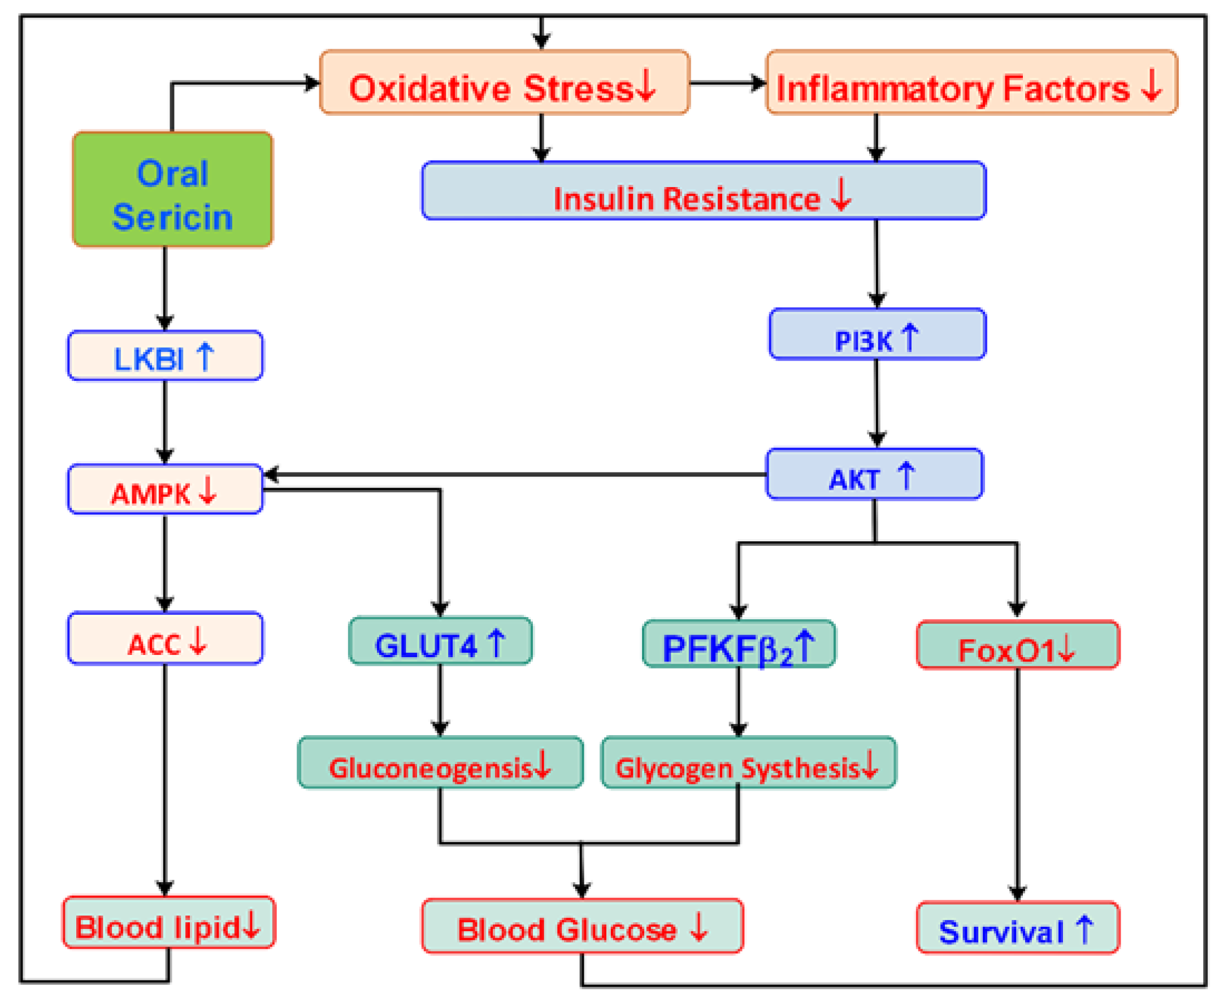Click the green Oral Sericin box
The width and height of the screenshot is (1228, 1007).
172,190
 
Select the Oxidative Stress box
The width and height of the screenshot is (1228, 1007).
504,83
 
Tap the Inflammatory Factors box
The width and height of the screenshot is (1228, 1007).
971,83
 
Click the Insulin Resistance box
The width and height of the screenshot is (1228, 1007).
703,191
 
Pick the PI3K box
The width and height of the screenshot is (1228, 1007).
876,335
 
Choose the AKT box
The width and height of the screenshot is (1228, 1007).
874,474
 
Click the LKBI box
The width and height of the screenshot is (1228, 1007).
166,355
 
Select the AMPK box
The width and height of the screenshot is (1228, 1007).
166,489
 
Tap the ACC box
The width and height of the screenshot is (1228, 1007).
166,638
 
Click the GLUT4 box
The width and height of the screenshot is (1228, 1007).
440,641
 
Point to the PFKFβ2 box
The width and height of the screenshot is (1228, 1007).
739,644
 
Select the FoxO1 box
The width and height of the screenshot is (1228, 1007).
1017,645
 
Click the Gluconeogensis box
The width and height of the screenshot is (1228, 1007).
440,763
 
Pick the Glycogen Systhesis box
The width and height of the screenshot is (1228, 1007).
748,763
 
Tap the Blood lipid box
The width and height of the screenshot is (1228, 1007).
169,922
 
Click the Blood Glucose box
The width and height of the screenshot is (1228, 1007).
582,926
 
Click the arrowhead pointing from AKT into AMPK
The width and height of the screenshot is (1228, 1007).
271,475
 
